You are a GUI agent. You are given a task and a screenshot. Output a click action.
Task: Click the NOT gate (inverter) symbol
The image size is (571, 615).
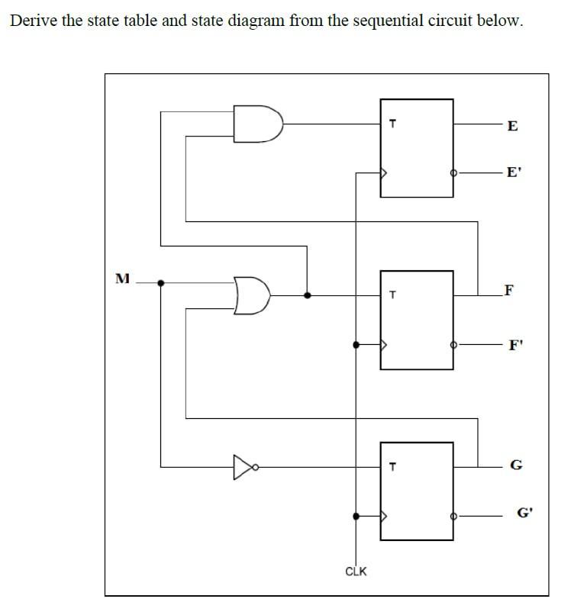(244, 465)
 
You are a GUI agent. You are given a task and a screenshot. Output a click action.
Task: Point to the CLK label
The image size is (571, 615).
(356, 571)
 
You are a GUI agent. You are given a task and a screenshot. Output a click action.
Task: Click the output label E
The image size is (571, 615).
(512, 126)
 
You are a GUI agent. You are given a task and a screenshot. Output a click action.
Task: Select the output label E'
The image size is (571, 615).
(514, 172)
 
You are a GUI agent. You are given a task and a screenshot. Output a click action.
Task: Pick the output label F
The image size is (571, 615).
(509, 290)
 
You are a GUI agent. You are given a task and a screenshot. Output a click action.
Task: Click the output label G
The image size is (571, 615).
(515, 465)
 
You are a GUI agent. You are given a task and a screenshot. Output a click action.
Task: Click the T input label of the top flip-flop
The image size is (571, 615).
(392, 122)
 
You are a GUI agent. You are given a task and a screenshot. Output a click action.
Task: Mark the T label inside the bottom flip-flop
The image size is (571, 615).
(392, 466)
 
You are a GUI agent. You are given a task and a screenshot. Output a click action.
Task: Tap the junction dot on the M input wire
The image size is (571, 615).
(160, 282)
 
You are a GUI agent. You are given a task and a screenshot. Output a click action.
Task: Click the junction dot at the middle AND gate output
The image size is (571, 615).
(307, 295)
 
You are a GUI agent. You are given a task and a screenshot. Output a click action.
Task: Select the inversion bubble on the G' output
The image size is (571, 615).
(454, 516)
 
